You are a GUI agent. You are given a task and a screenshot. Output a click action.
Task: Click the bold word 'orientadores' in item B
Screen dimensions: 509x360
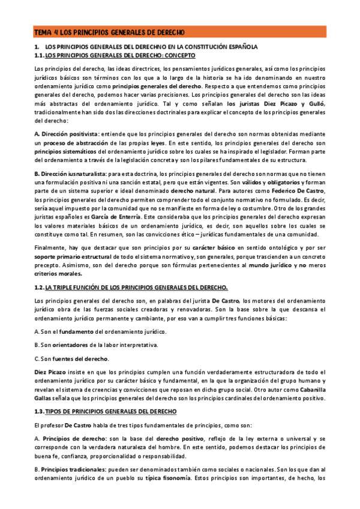tap(78, 345)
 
